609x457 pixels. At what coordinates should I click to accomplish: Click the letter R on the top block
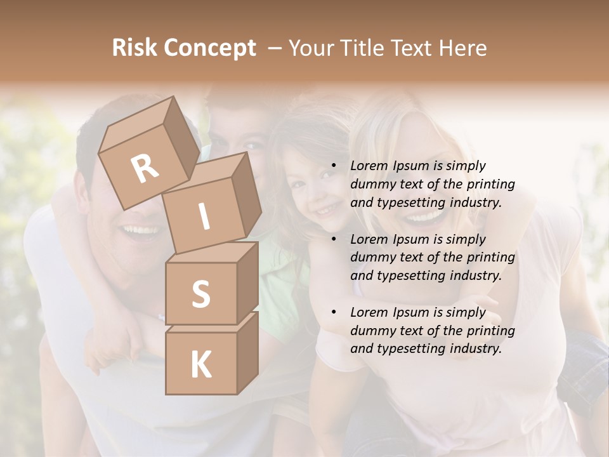pos(145,168)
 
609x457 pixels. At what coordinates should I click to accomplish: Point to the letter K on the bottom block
pos(200,364)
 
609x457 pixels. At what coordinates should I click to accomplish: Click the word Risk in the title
pos(134,48)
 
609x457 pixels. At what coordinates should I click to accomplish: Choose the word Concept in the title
pos(209,48)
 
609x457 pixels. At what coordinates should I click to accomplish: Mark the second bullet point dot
pos(333,240)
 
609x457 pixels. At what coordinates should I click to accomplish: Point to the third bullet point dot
pos(333,313)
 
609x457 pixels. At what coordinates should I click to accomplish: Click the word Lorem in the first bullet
pos(369,166)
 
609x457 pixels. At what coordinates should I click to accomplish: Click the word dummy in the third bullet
pos(370,331)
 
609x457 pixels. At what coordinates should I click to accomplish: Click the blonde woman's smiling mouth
pos(424,218)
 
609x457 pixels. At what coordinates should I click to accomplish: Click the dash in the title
pos(275,48)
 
